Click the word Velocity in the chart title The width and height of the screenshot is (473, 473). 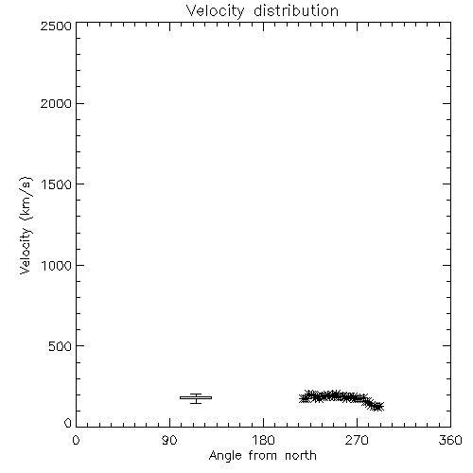pos(215,11)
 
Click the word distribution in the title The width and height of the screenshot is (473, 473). pos(296,10)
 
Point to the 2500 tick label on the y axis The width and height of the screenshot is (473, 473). pos(56,26)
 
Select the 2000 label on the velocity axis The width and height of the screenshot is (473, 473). pos(56,103)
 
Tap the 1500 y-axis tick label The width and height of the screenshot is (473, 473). pos(57,184)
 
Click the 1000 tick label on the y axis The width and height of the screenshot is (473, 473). pos(57,265)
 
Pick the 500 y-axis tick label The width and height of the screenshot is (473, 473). pos(61,346)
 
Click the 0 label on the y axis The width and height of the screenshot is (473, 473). pos(68,423)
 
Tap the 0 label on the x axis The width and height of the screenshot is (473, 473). pos(76,440)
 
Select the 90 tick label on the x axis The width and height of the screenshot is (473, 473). pos(169,440)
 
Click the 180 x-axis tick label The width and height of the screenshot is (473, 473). pos(263,440)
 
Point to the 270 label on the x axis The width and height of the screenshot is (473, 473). pos(357,440)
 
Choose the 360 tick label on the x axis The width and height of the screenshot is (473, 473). pos(450,440)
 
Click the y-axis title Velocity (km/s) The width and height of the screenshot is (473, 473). pos(26,225)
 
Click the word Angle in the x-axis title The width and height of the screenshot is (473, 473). pos(225,457)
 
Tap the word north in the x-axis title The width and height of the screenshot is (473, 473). pos(301,456)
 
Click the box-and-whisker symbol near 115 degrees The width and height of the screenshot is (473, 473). pos(196,398)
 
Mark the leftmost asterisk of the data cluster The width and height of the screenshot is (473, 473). pos(304,398)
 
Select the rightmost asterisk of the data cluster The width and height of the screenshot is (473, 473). pos(378,407)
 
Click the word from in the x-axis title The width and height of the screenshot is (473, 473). pos(263,456)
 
